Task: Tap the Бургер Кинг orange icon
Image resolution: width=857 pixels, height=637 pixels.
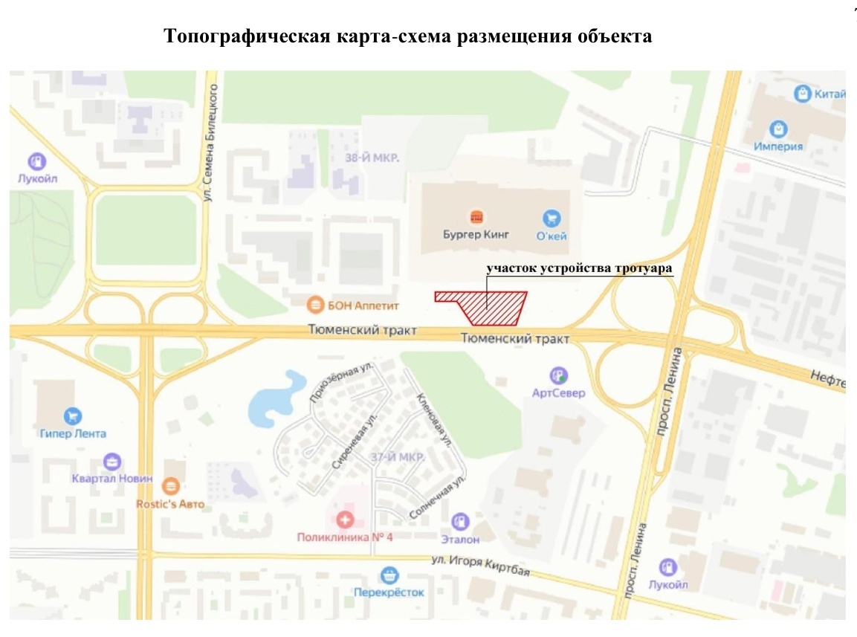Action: [476, 217]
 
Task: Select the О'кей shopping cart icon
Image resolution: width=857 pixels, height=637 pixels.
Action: [552, 218]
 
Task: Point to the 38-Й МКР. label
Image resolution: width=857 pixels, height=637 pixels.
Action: [372, 158]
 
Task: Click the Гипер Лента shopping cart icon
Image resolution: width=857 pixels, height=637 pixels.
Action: [73, 416]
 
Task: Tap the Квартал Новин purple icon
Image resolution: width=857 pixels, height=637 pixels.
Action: [112, 462]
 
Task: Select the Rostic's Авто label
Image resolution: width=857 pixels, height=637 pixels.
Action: [170, 504]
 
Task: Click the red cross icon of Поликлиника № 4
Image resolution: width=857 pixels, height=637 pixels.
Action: [344, 520]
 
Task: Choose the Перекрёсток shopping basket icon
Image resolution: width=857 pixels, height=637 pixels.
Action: [388, 575]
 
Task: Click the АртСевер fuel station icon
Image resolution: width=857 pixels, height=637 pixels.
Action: [558, 376]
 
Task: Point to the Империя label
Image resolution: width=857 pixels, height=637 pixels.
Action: [778, 146]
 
